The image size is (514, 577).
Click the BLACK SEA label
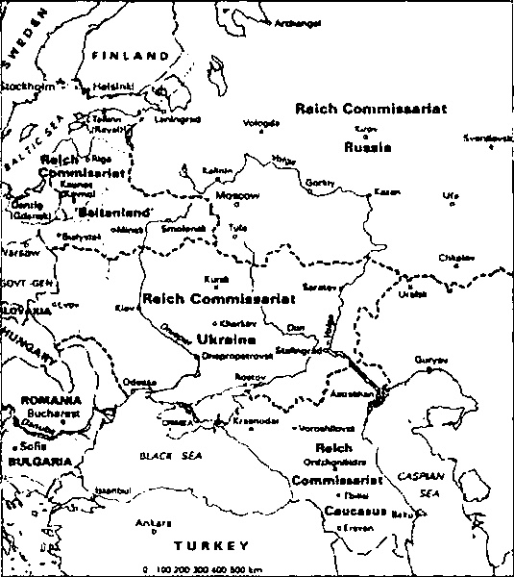coord(160,456)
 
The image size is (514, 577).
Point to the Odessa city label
coord(138,382)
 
